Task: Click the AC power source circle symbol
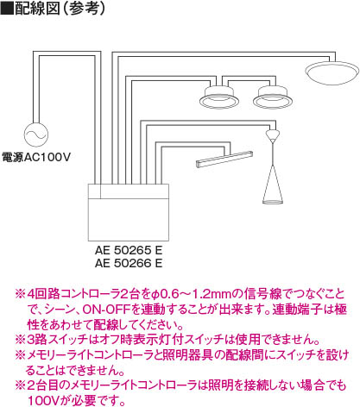pyautogui.click(x=36, y=135)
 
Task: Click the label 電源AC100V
pyautogui.click(x=36, y=157)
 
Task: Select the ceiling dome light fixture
pyautogui.click(x=332, y=72)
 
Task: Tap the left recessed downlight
pyautogui.click(x=218, y=97)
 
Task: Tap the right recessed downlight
pyautogui.click(x=273, y=97)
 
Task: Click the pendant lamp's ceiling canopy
pyautogui.click(x=272, y=134)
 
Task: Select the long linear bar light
pyautogui.click(x=224, y=159)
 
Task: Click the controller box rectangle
pyautogui.click(x=129, y=212)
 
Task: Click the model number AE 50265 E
pyautogui.click(x=129, y=250)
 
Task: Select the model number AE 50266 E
pyautogui.click(x=129, y=263)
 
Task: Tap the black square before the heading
pyautogui.click(x=7, y=8)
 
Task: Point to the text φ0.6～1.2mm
pyautogui.click(x=192, y=294)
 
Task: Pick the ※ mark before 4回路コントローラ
pyautogui.click(x=20, y=295)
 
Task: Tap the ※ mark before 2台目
pyautogui.click(x=20, y=385)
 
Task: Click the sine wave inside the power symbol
pyautogui.click(x=36, y=135)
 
